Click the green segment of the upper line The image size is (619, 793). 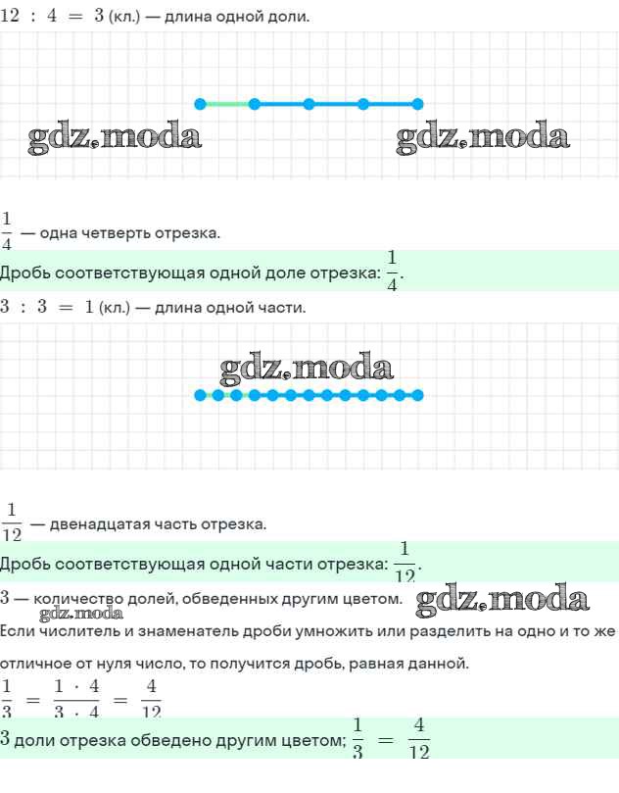[x=227, y=104]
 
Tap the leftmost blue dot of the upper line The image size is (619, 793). [x=201, y=104]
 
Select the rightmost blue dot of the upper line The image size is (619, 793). [x=417, y=104]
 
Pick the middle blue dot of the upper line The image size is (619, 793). [x=309, y=104]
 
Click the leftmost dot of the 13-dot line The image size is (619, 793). [x=201, y=395]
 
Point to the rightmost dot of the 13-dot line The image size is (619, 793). [x=417, y=395]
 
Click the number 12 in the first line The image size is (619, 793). [x=10, y=15]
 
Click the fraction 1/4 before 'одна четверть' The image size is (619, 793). [x=7, y=231]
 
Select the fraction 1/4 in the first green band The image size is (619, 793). [x=392, y=272]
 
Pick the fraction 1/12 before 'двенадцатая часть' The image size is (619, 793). [x=12, y=522]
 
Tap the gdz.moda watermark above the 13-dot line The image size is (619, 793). [x=307, y=368]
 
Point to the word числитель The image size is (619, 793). [x=61, y=630]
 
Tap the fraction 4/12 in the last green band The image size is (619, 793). [x=419, y=738]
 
